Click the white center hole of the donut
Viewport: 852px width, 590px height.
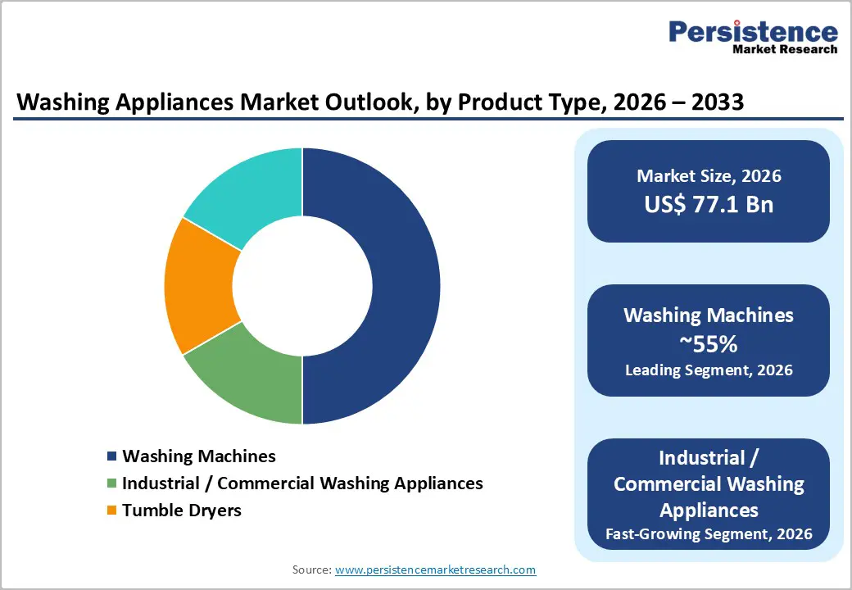[302, 286]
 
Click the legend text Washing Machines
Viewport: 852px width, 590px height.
[199, 456]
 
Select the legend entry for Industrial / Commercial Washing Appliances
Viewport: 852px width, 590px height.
[302, 483]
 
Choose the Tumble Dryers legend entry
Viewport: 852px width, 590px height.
[182, 511]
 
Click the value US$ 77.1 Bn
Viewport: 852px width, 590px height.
[709, 204]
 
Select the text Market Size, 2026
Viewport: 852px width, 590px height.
[709, 176]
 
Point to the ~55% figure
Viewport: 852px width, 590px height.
[709, 343]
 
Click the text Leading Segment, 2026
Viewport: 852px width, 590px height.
[709, 370]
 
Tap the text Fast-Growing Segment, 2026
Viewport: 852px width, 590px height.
[709, 534]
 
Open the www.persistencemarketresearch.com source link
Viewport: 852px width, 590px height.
[435, 570]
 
